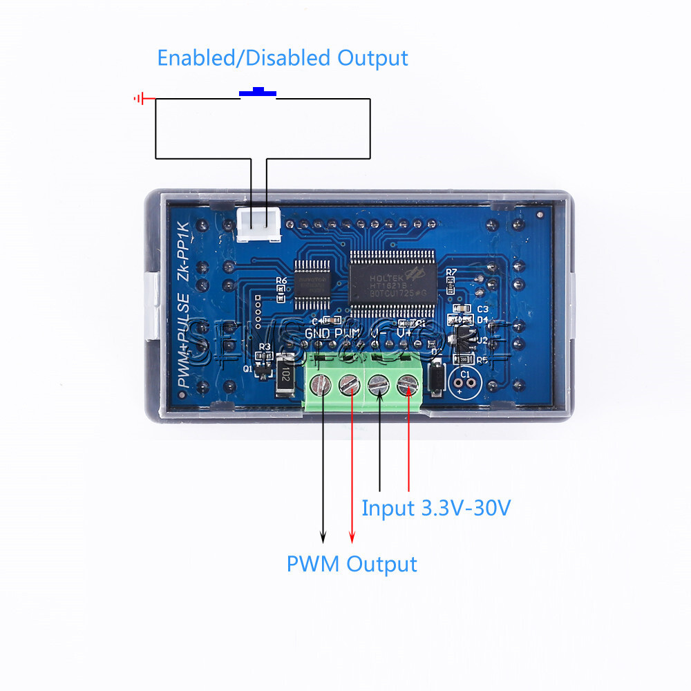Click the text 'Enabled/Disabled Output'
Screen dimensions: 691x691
pyautogui.click(x=283, y=57)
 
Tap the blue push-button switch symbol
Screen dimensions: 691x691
pyautogui.click(x=258, y=93)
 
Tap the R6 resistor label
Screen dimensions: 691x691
pyautogui.click(x=281, y=281)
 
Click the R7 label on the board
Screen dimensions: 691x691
pyautogui.click(x=451, y=272)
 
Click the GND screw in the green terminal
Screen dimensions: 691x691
pyautogui.click(x=321, y=384)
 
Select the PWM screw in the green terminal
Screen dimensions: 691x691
pyautogui.click(x=350, y=384)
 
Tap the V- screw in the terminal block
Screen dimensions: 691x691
pyautogui.click(x=379, y=384)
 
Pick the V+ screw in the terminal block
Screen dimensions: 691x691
pyautogui.click(x=408, y=384)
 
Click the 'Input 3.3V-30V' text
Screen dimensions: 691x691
pyautogui.click(x=436, y=509)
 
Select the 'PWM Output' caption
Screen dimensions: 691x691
pyautogui.click(x=352, y=564)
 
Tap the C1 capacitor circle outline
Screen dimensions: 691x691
pyautogui.click(x=464, y=380)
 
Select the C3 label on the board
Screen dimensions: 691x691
pyautogui.click(x=482, y=309)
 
